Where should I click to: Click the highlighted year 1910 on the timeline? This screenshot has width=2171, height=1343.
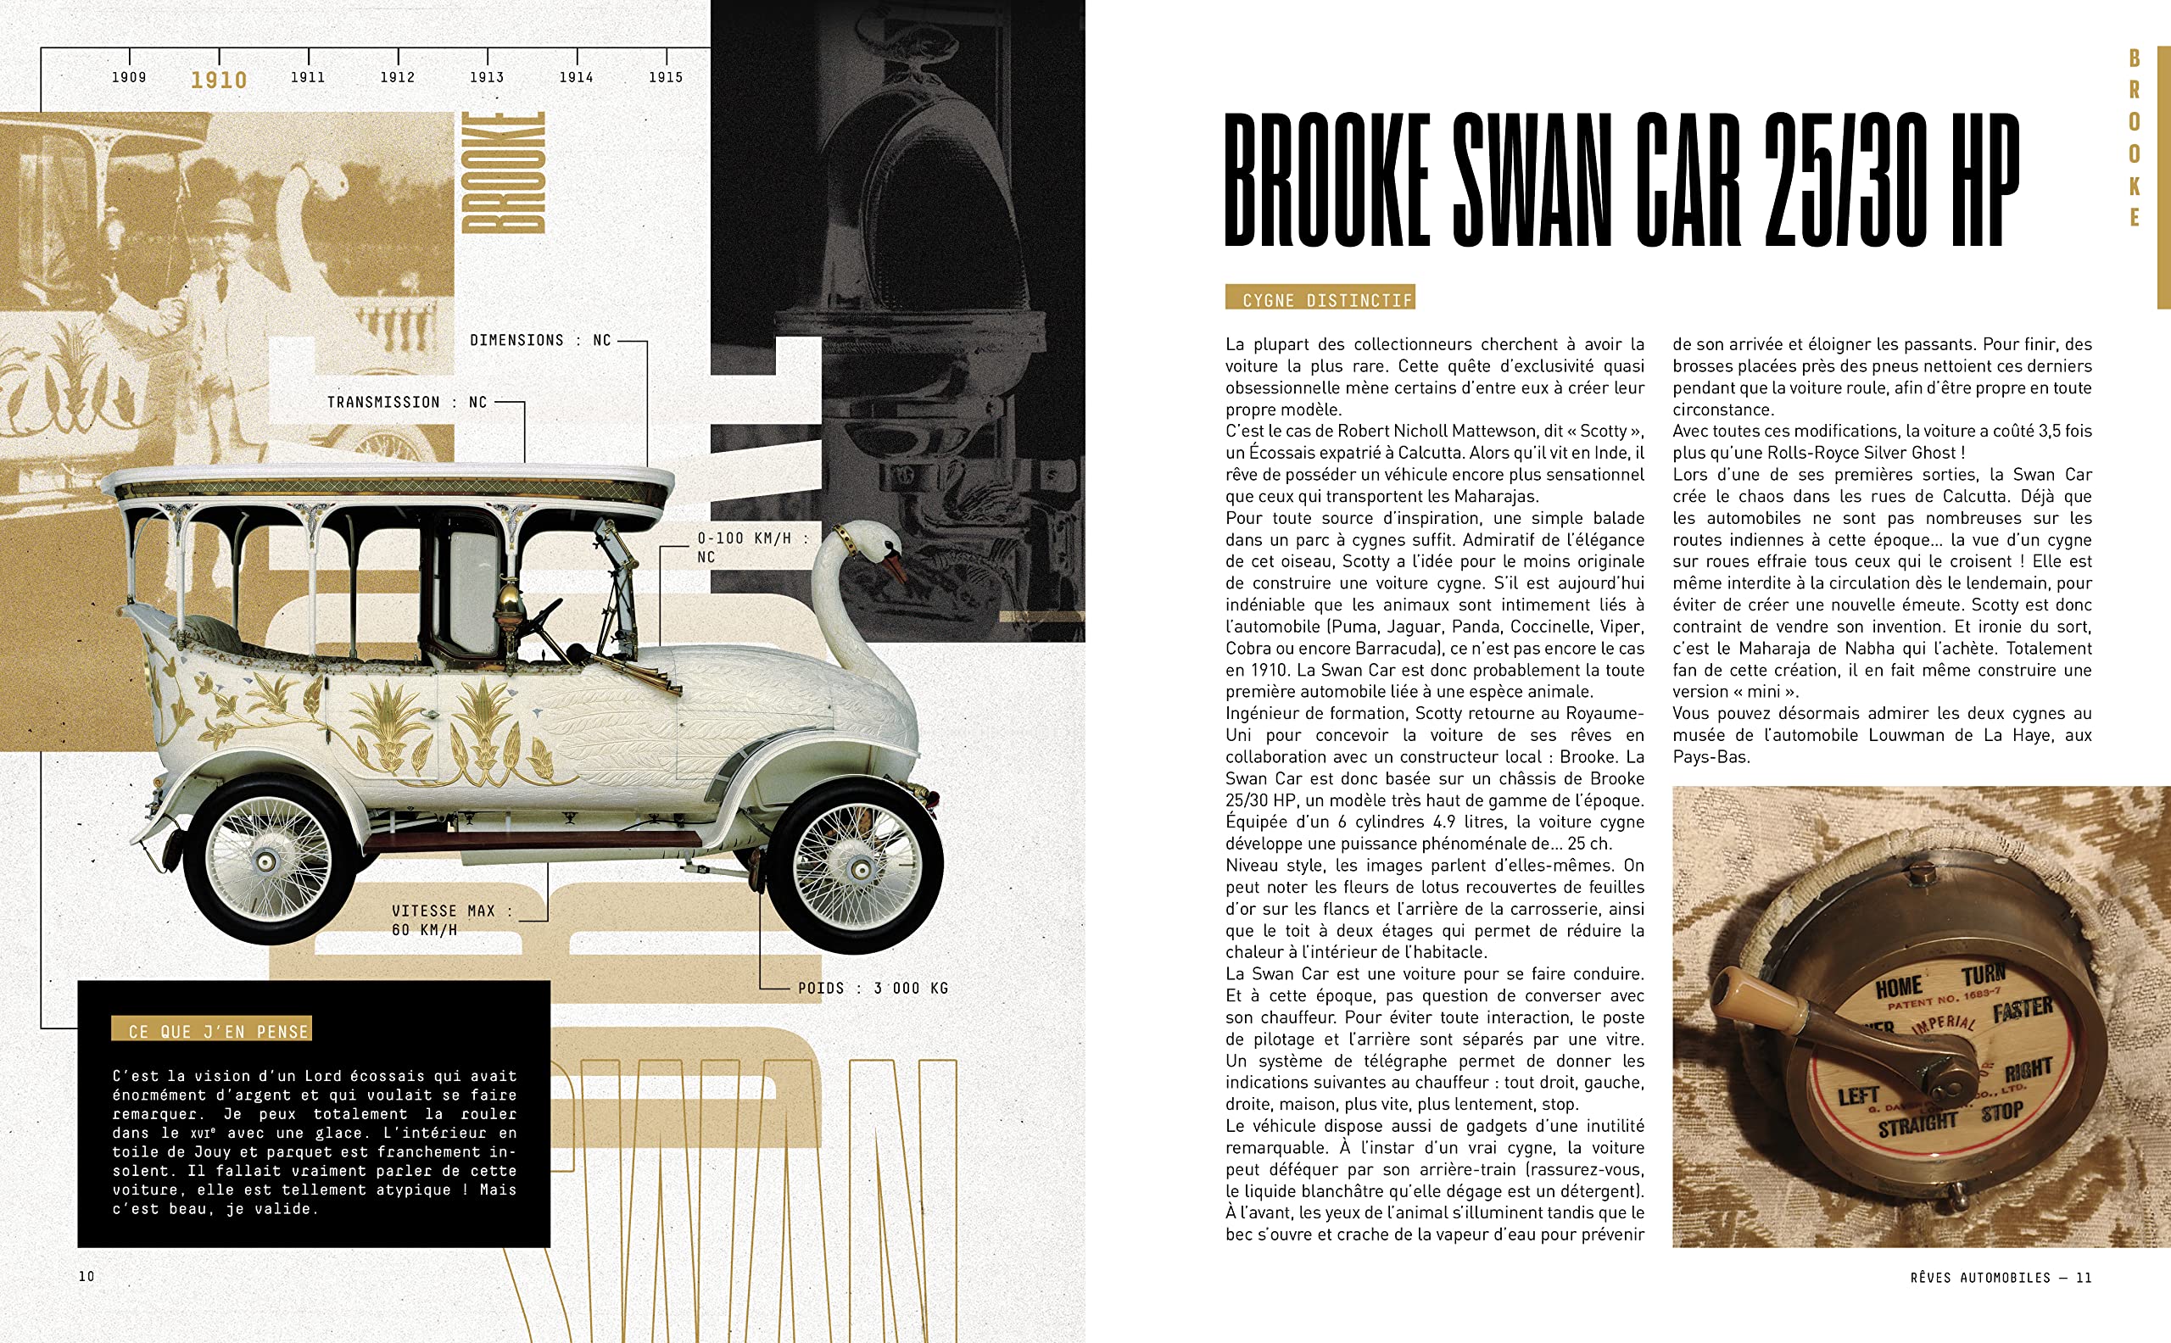point(219,80)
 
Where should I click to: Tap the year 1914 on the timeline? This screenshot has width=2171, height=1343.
point(576,77)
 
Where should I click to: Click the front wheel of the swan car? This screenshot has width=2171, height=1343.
point(857,863)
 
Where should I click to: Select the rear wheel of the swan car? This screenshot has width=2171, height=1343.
point(267,859)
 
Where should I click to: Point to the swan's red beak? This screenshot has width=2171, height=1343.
point(895,566)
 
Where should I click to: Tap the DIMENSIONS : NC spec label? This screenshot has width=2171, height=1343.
point(540,340)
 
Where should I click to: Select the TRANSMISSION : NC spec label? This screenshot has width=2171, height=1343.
point(407,403)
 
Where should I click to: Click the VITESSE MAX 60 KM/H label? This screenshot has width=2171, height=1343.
point(451,920)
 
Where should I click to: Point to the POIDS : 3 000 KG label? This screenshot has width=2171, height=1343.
point(873,988)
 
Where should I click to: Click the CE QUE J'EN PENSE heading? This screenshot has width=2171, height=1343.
point(212,1030)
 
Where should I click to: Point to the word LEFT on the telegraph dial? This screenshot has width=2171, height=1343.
point(1858,1097)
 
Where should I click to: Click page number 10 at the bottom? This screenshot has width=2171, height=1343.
point(87,1276)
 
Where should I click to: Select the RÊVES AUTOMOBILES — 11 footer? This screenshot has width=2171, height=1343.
point(2001,1277)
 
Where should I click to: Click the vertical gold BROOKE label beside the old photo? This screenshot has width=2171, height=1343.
point(503,173)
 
